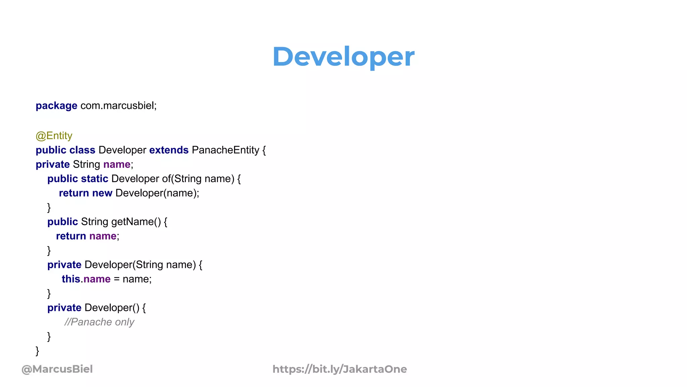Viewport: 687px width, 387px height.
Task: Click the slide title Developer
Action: pos(343,56)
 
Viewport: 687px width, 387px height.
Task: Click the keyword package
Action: pos(56,106)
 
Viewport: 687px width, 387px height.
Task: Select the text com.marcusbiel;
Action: pos(118,106)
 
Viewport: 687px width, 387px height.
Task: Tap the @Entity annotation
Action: pos(54,136)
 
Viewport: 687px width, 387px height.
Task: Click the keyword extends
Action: pos(169,150)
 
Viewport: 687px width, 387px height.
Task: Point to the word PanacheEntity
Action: pos(225,150)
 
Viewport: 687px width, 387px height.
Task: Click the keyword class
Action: pos(82,150)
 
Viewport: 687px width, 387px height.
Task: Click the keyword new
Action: pos(102,193)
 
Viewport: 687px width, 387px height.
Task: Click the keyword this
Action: pos(71,279)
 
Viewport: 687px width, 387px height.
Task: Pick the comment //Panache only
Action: pos(99,322)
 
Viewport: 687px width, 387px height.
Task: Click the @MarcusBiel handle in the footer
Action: pos(57,369)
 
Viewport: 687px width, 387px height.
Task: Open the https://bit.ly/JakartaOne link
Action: pos(339,369)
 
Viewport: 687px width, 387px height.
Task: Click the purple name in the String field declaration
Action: pos(117,165)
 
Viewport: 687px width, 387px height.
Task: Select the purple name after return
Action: pos(103,236)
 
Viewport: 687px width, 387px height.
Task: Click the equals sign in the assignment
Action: pos(116,279)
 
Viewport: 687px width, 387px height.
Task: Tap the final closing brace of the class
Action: pos(37,351)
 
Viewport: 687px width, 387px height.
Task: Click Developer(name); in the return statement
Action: pos(157,193)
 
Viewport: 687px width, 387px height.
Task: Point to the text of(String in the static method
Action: pos(181,179)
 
